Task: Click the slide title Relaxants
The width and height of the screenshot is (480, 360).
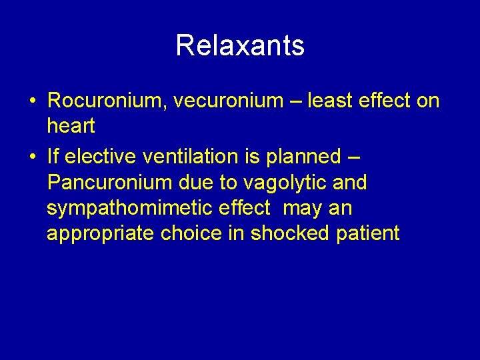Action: coord(240,46)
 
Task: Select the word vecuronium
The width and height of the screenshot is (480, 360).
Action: coord(229,101)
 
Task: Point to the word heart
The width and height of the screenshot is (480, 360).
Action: coord(71,126)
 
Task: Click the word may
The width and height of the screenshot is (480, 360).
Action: coord(301,208)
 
